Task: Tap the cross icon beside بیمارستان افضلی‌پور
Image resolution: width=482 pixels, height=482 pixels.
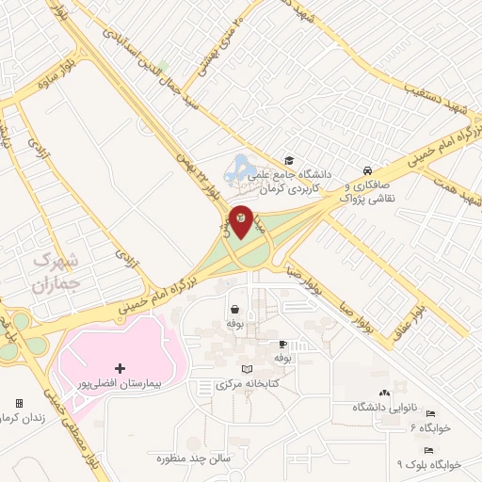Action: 119,367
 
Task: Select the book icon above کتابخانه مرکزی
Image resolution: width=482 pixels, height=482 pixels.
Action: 247,368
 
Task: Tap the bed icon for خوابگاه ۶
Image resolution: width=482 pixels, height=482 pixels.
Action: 429,413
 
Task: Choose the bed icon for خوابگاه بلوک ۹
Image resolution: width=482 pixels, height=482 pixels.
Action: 429,450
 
